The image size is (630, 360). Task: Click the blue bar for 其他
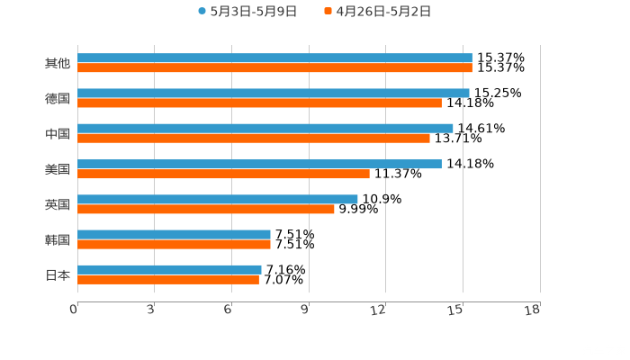(274, 58)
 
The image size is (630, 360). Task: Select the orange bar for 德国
(259, 103)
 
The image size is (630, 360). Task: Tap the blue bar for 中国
(265, 129)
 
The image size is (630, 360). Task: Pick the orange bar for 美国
(223, 174)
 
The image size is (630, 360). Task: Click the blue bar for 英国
(218, 199)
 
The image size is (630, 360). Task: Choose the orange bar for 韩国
(174, 244)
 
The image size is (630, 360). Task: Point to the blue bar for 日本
(169, 269)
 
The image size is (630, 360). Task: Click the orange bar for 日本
(168, 279)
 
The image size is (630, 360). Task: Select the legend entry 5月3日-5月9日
(247, 12)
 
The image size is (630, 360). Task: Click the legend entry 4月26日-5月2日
(377, 12)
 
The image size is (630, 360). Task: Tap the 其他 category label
(58, 64)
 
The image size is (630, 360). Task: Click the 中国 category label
(58, 134)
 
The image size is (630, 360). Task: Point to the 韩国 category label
(58, 239)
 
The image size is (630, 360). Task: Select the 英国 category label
(58, 204)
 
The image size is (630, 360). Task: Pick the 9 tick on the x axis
(305, 310)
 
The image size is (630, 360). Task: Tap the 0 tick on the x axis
(74, 310)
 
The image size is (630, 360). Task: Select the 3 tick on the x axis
(150, 310)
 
